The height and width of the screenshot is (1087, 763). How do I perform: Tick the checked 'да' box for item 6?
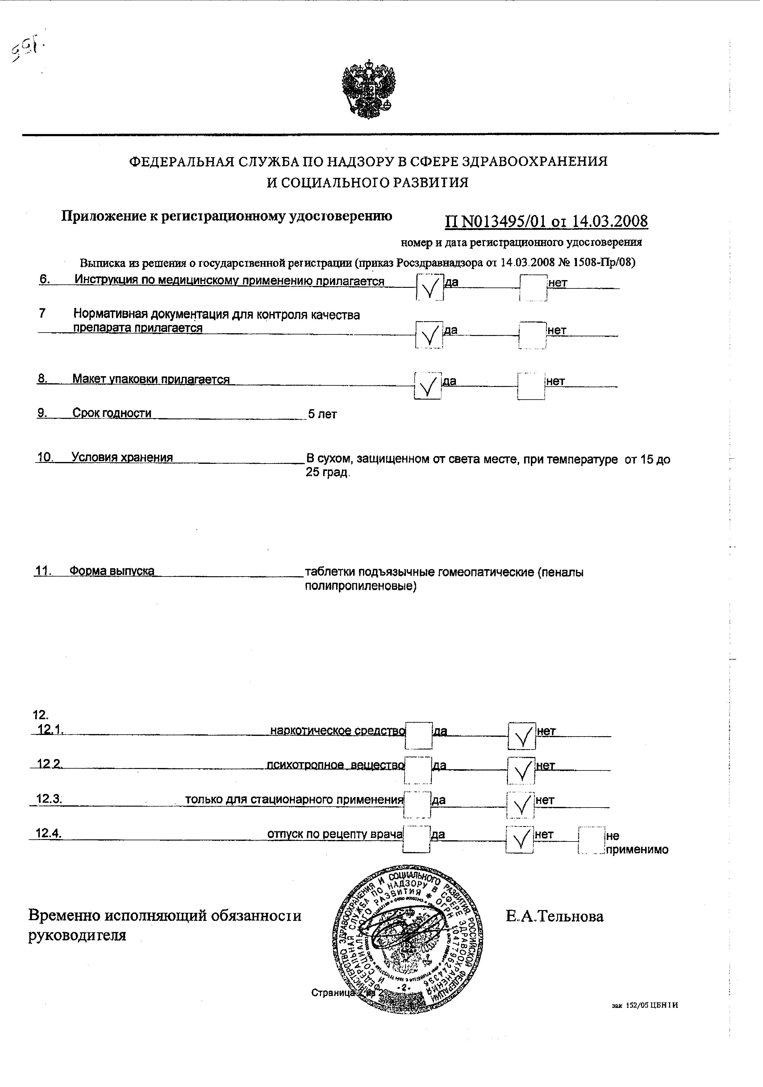click(x=430, y=287)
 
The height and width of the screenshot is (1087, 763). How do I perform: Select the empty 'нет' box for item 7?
click(x=532, y=335)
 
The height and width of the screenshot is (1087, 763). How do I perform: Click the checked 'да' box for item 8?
click(x=428, y=386)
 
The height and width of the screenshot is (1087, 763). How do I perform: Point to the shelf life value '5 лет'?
click(x=322, y=414)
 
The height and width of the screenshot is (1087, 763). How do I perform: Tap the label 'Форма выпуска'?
click(x=112, y=571)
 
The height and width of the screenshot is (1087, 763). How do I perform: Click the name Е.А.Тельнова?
click(x=554, y=917)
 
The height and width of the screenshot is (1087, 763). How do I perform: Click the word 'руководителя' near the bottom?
click(x=77, y=935)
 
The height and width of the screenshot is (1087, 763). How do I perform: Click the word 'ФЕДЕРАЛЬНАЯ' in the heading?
click(x=182, y=162)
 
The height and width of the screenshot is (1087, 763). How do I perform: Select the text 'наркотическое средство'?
click(x=337, y=731)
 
